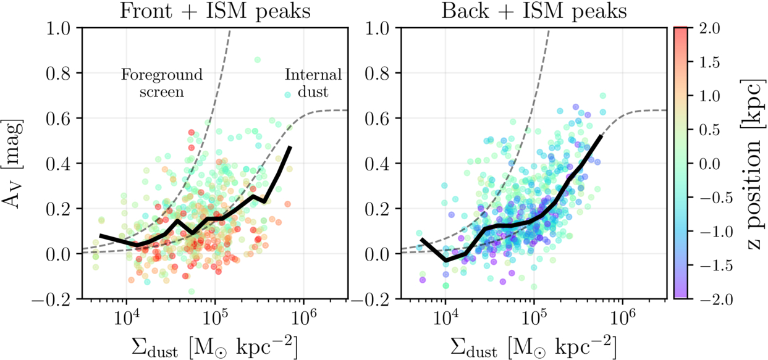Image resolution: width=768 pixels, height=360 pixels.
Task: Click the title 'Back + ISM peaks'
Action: click(x=530, y=11)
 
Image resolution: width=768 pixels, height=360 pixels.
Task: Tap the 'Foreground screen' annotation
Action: click(x=161, y=83)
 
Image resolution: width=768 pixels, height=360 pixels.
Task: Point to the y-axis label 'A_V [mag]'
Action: click(x=17, y=163)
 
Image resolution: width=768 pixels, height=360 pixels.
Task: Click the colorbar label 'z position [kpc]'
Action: click(x=752, y=163)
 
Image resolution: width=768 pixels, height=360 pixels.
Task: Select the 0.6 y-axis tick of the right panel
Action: click(x=379, y=118)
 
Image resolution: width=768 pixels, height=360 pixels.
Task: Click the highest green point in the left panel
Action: click(x=258, y=60)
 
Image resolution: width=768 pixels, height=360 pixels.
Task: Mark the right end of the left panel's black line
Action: click(x=290, y=147)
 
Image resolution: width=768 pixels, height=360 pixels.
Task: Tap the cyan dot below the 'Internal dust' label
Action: click(x=287, y=94)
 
